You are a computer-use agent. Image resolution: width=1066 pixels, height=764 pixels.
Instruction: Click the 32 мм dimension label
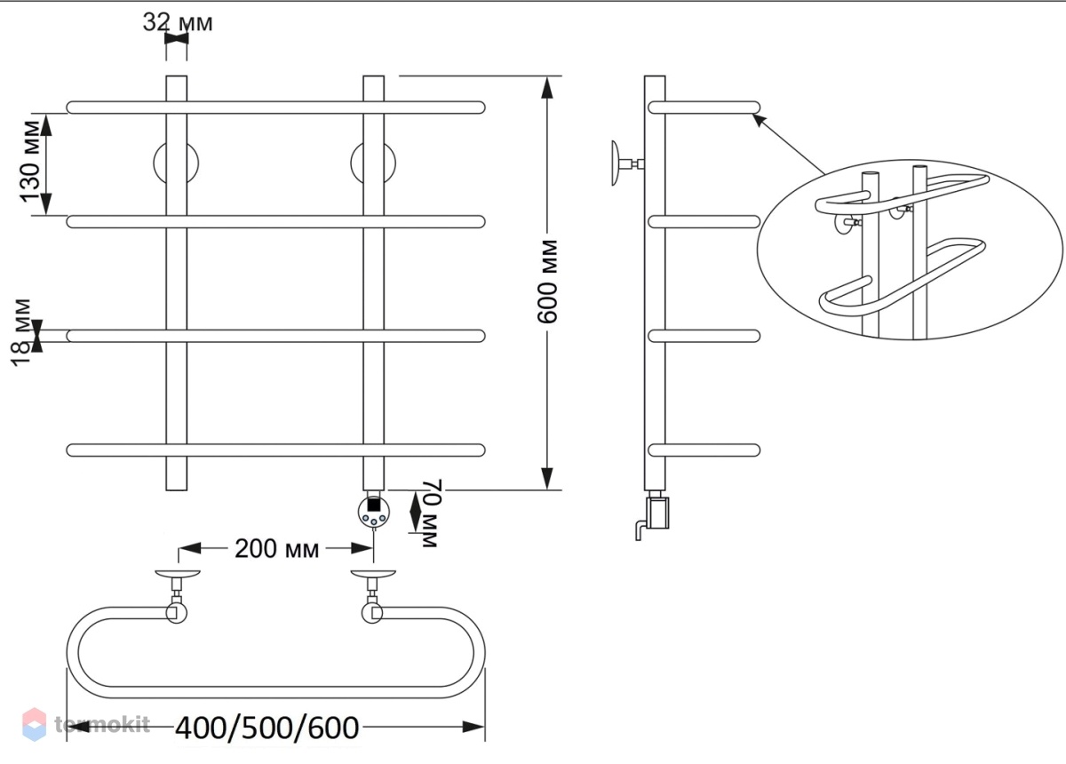(x=178, y=22)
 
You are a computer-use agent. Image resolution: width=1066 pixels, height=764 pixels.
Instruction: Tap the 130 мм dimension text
(x=31, y=162)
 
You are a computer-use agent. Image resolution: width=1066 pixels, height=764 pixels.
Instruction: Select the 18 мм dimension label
(x=21, y=332)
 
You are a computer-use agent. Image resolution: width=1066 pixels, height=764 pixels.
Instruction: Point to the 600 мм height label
(x=547, y=282)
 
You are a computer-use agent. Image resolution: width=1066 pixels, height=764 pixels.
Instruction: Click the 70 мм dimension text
(x=432, y=513)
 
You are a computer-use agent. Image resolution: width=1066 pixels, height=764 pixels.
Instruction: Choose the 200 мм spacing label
(x=276, y=549)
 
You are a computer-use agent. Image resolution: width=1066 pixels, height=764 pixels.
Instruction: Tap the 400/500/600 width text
(x=267, y=728)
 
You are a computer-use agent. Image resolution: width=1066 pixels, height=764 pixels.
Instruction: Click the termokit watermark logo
(x=86, y=724)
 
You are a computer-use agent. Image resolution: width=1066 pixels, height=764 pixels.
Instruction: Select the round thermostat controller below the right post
(x=374, y=512)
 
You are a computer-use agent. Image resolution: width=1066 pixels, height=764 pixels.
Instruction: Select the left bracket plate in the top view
(x=178, y=573)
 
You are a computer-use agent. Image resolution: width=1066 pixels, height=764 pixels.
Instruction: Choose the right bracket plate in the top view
(x=373, y=573)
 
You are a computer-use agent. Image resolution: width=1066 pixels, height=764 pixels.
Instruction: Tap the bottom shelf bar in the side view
(x=704, y=450)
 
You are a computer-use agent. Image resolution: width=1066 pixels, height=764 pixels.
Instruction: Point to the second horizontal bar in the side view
(x=704, y=222)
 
